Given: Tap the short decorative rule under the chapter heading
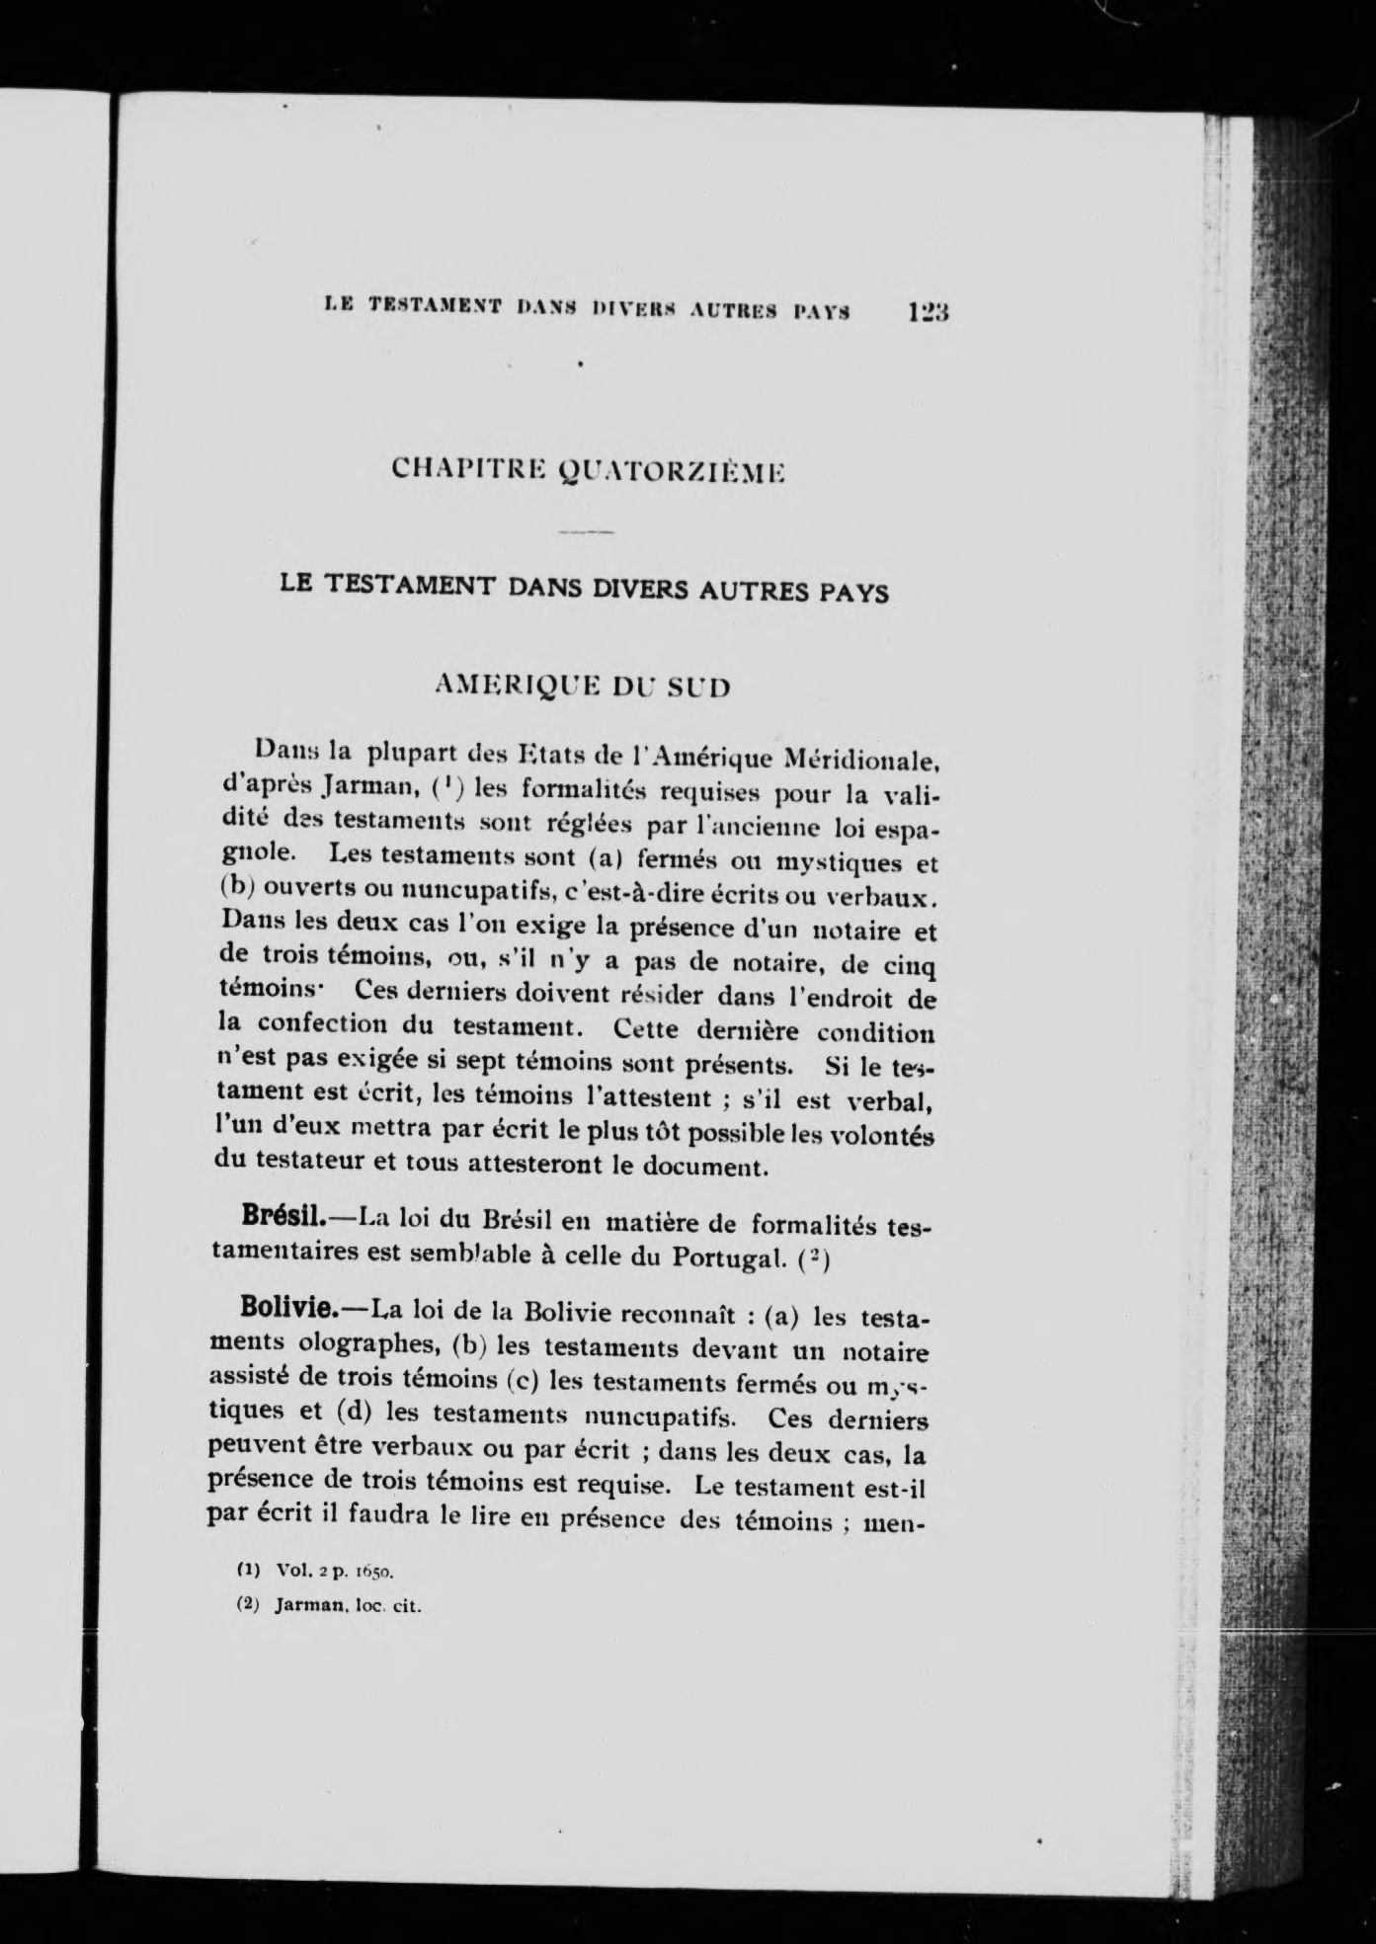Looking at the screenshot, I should [586, 533].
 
